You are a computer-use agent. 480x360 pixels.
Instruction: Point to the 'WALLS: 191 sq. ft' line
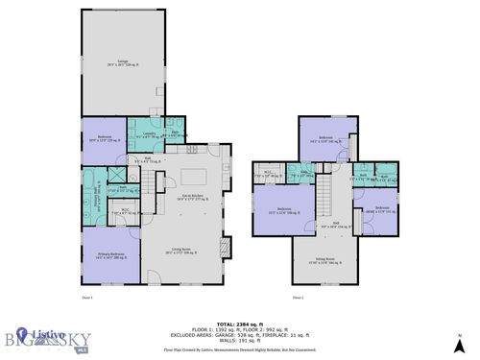pyautogui.click(x=239, y=343)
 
